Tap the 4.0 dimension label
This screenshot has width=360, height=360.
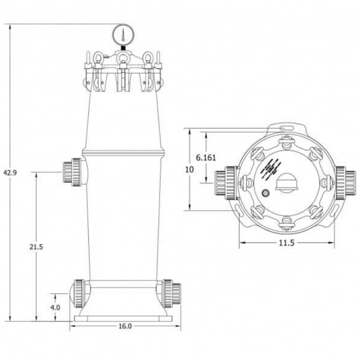point(55,306)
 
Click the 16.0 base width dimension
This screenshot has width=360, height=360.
point(125,326)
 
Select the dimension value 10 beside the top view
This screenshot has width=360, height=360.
point(189,170)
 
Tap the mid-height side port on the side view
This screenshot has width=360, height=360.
point(72,172)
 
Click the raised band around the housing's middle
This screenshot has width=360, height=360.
point(123,151)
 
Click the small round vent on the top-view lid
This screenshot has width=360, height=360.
point(266,194)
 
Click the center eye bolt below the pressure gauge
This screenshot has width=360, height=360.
point(122,60)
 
